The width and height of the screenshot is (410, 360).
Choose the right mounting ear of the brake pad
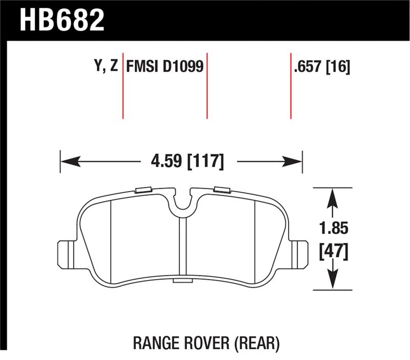click(x=299, y=252)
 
